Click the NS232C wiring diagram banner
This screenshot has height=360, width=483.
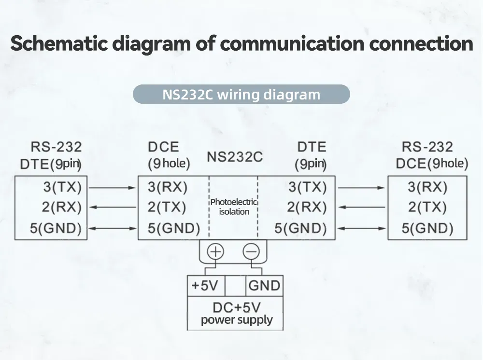point(241,94)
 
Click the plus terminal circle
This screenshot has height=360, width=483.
point(216,251)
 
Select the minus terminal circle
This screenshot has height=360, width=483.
point(251,251)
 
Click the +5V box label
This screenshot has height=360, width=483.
point(205,286)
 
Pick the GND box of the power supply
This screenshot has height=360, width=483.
point(264,286)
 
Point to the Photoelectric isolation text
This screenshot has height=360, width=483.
point(234,207)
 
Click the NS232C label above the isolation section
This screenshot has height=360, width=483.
point(235,157)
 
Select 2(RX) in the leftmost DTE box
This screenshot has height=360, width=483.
point(62,208)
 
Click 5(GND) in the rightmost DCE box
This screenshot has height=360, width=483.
point(427,228)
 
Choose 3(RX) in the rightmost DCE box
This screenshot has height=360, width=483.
point(427,187)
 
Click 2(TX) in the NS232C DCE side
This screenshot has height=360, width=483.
point(167,208)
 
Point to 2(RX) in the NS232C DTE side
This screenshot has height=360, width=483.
point(307,208)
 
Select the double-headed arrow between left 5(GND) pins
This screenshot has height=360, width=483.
point(113,228)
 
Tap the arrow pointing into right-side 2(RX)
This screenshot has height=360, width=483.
point(361,208)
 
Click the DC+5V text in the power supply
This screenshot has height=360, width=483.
point(237,307)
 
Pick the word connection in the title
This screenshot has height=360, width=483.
point(421,43)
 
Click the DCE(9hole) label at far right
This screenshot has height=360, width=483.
point(432,163)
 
